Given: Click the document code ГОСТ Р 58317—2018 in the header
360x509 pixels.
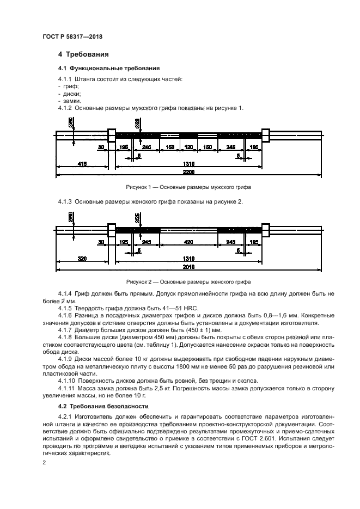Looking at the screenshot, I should (72, 36).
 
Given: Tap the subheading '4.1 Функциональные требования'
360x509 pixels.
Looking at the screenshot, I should (109, 69).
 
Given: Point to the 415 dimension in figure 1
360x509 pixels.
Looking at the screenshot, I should (82, 163).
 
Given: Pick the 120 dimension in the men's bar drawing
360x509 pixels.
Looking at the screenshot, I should (189, 148).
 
